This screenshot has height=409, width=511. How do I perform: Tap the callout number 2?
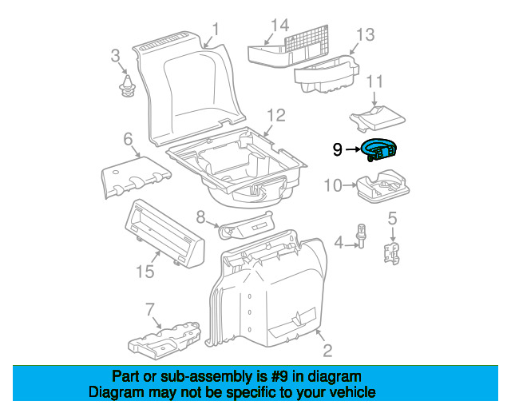coord(327,351)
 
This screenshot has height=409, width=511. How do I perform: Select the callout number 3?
coord(115,56)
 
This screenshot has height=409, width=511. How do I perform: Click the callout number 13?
coord(364,34)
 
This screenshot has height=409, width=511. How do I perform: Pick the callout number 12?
coord(275,114)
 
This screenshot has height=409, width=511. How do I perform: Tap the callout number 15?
coord(144,272)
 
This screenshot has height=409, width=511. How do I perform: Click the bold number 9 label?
coord(338,149)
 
